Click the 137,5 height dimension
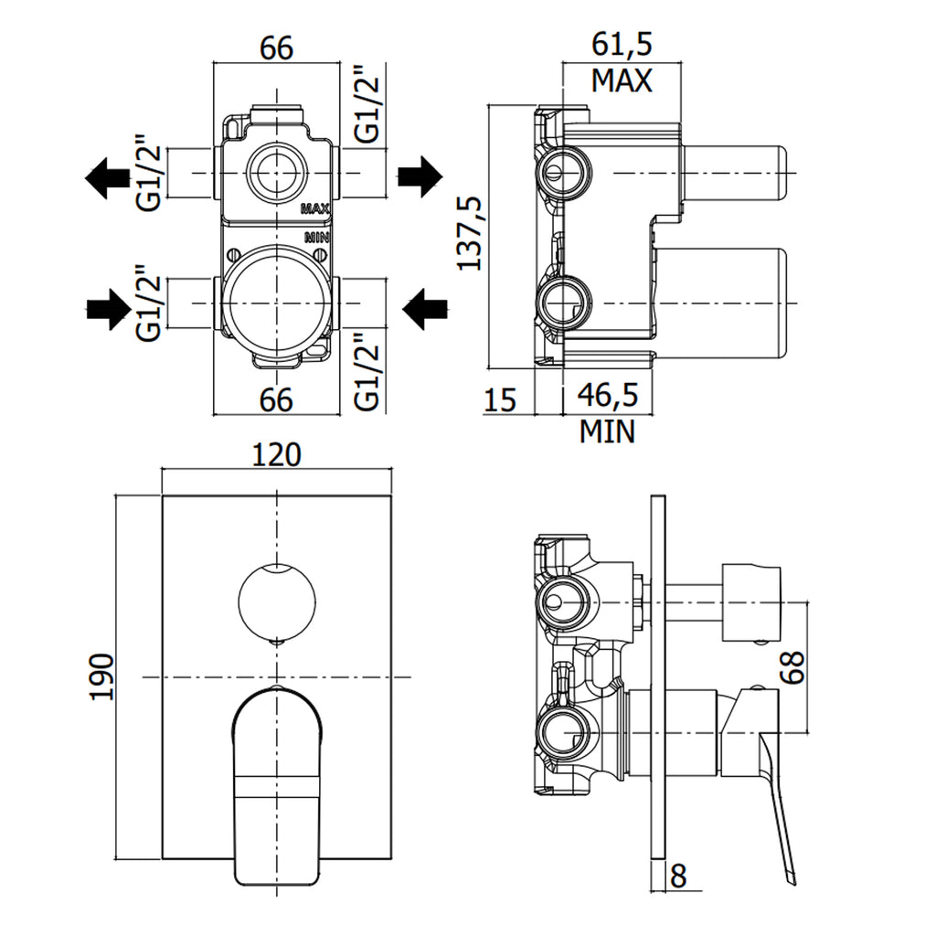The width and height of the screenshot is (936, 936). tap(470, 233)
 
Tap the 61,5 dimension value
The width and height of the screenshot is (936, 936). tap(621, 45)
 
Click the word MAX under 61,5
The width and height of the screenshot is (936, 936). tap(622, 80)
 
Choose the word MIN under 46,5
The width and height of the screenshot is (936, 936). tap(607, 431)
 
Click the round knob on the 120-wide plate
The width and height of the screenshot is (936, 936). tap(276, 604)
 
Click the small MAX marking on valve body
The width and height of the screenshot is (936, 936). tap(314, 209)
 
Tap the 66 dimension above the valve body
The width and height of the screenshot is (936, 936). tap(276, 48)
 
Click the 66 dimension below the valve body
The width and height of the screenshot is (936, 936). tap(276, 399)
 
